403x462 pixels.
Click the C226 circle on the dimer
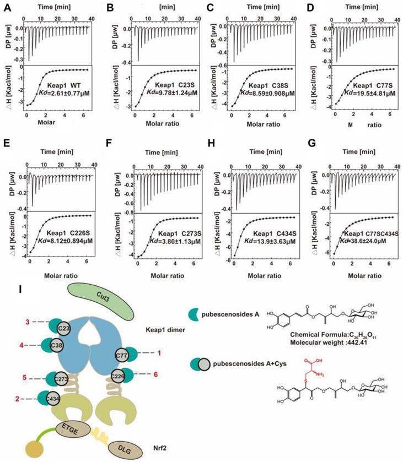tap(117, 377)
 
